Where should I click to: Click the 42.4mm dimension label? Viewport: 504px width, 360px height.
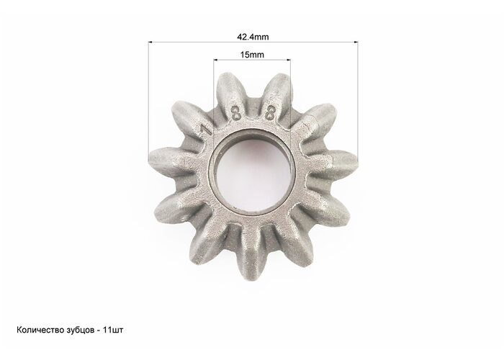(x=253, y=37)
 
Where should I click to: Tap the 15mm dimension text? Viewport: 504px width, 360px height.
(x=252, y=55)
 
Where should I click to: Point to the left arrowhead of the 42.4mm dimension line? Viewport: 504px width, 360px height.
(x=150, y=42)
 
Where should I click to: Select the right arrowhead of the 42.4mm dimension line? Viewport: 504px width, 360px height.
(x=356, y=42)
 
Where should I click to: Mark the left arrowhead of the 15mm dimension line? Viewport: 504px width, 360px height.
(x=216, y=60)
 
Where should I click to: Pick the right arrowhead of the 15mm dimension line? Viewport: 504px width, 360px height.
(x=288, y=60)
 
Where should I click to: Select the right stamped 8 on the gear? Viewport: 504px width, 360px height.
(x=270, y=114)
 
